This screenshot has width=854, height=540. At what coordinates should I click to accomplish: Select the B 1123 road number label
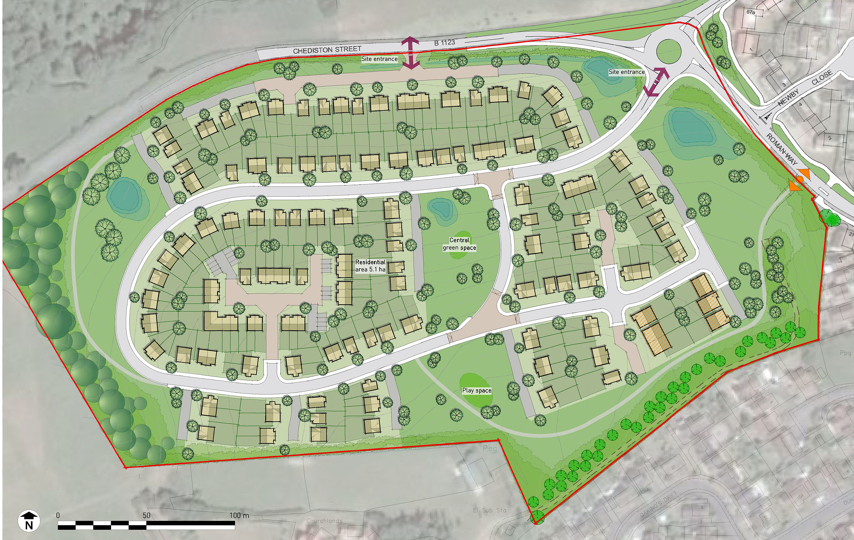click(444, 43)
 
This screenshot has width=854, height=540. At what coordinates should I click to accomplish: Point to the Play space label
click(477, 390)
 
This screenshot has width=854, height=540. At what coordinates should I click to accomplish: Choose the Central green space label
click(459, 244)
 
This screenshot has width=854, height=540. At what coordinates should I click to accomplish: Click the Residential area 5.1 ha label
click(370, 266)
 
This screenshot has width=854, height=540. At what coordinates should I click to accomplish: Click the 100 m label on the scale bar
click(239, 515)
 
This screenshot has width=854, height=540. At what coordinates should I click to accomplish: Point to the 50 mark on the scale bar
click(146, 515)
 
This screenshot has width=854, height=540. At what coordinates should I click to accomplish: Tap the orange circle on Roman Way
click(799, 180)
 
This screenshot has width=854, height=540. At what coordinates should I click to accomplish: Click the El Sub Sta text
click(489, 510)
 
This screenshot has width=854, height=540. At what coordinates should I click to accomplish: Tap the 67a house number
click(751, 12)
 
